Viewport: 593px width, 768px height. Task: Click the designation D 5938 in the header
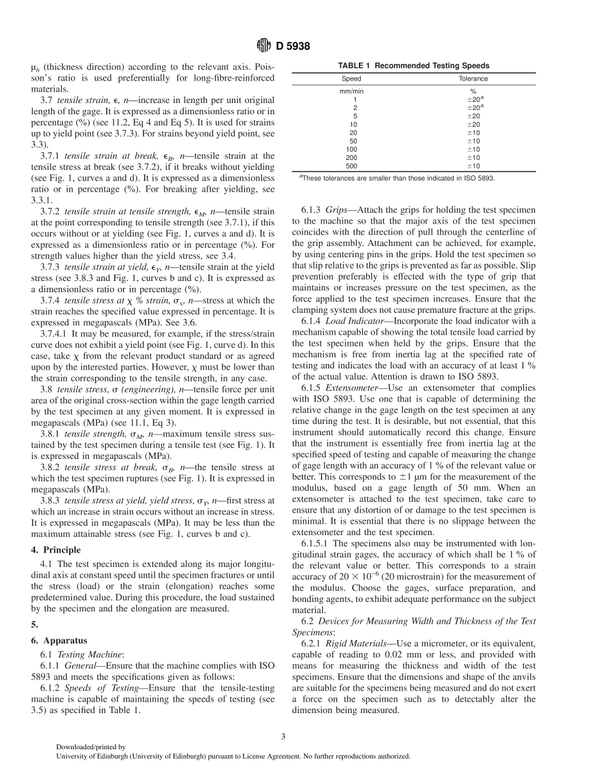coord(293,46)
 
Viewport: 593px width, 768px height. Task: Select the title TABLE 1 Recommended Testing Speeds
coord(413,66)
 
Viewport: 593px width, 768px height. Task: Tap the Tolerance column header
coord(473,79)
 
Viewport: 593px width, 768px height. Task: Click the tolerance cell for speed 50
coord(473,141)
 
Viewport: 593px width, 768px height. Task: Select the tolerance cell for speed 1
coord(473,99)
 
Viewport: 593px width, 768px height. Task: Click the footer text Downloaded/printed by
coord(91,746)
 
